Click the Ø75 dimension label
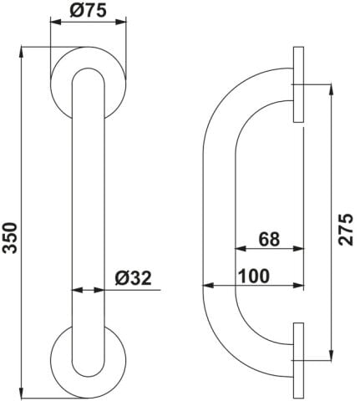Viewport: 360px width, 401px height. coord(89,10)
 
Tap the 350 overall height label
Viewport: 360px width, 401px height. coord(10,237)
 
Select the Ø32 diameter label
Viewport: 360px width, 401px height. coord(134,277)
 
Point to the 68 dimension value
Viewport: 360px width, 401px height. coord(269,239)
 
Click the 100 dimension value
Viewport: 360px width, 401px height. coord(255,276)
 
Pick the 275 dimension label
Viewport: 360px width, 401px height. coord(345,229)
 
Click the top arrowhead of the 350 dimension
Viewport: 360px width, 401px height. coord(22,53)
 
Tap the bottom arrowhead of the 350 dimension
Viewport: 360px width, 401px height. coord(22,393)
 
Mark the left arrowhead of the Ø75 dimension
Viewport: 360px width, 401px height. coord(55,23)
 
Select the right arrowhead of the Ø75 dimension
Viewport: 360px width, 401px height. coord(121,23)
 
